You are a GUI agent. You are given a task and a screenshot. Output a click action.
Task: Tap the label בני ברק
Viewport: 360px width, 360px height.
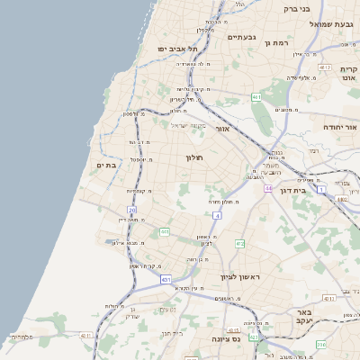tap(296, 9)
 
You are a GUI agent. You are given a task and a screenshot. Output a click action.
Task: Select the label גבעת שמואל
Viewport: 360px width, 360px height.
tap(322, 24)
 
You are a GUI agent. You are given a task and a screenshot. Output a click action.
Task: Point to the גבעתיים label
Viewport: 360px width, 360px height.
tap(242, 37)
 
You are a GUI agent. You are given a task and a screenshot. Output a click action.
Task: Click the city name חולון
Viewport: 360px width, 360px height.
tap(195, 158)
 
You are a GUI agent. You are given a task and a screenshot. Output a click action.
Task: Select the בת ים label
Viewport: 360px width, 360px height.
tap(106, 166)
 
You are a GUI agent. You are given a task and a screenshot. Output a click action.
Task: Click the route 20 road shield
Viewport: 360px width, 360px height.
tap(131, 210)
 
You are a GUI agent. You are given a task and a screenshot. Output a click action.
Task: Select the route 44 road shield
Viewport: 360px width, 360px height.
tap(268, 188)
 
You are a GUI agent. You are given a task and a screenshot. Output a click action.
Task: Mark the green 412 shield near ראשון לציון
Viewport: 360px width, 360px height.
tap(239, 244)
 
